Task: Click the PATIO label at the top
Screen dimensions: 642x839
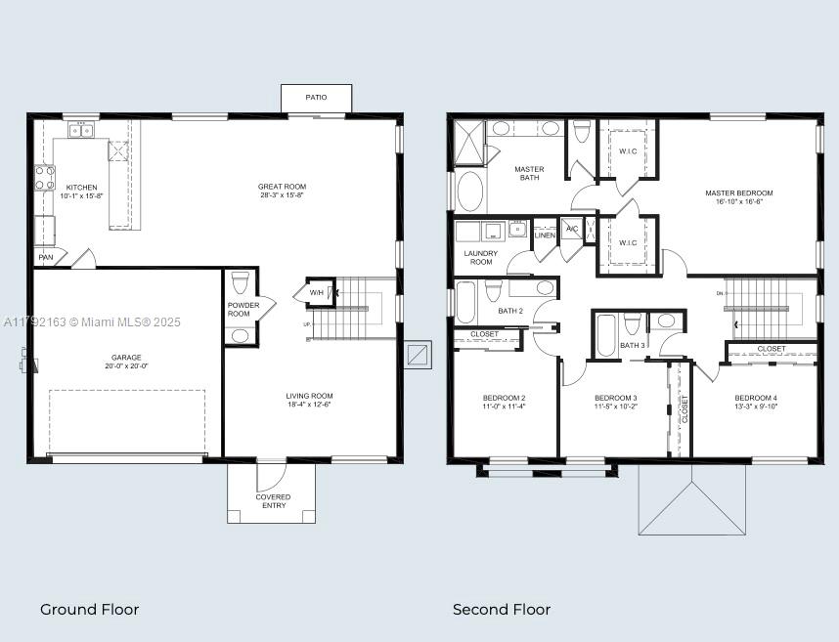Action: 315,98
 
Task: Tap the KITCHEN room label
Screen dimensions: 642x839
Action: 81,187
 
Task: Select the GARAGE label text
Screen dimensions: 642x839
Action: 125,358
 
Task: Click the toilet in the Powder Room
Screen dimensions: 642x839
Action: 241,284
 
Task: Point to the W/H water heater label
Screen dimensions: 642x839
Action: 317,292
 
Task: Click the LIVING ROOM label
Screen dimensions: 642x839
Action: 309,396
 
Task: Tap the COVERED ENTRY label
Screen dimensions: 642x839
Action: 273,501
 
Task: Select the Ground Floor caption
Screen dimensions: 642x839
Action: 89,609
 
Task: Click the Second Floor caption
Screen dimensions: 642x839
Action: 501,609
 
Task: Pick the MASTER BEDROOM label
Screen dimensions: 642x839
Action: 738,193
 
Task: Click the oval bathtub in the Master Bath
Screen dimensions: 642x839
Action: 470,192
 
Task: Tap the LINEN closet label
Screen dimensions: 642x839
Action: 545,235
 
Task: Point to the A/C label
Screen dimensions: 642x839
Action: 572,229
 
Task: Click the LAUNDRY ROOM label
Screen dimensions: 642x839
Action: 480,258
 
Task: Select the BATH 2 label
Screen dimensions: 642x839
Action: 510,311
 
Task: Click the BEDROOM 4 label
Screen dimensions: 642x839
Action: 755,398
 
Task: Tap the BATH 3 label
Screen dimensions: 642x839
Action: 631,345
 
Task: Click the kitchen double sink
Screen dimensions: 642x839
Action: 81,130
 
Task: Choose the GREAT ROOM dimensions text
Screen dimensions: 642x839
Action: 282,195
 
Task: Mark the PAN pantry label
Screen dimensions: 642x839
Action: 45,257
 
